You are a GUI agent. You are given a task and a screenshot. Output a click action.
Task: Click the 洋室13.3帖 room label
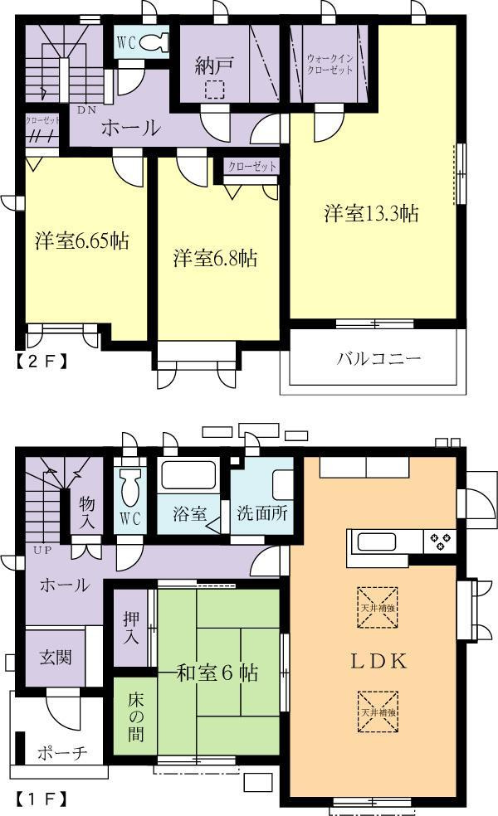click(x=370, y=213)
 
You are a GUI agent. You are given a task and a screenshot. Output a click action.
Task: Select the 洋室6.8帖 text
click(x=215, y=258)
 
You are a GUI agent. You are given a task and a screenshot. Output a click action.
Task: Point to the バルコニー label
click(x=378, y=359)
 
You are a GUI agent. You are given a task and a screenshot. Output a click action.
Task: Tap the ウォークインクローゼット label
click(x=330, y=64)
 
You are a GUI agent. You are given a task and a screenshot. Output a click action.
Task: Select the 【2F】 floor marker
click(x=40, y=361)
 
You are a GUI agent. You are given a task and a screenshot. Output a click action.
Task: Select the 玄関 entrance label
click(x=56, y=657)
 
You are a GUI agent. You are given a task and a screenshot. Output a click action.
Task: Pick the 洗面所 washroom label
click(x=261, y=512)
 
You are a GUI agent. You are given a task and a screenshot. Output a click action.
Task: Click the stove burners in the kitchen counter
click(x=439, y=542)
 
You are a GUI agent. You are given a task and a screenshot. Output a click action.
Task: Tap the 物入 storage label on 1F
click(x=86, y=512)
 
